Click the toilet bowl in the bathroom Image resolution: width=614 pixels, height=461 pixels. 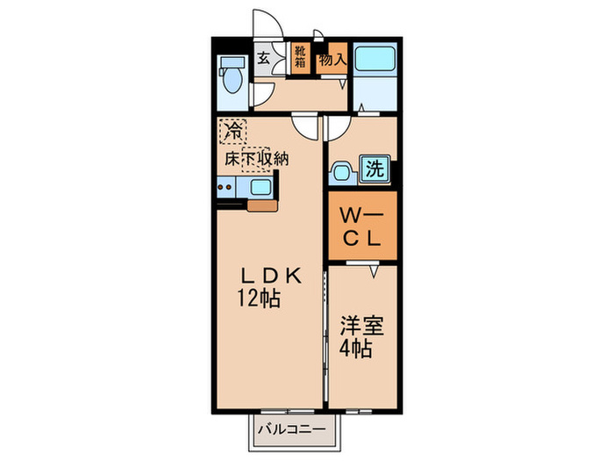point(232,81)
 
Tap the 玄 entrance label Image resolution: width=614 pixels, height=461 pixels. point(263,59)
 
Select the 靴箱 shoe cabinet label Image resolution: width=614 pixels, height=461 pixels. point(300,57)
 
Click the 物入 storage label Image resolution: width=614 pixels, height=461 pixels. point(332,60)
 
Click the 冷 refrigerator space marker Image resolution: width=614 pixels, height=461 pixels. point(232,133)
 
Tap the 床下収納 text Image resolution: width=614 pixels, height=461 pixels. point(255,160)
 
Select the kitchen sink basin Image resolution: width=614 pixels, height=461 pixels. point(261,186)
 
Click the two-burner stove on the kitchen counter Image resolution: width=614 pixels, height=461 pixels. point(226,186)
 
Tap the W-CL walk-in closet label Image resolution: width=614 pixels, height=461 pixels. point(361,226)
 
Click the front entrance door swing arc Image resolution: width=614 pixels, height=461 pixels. point(266,24)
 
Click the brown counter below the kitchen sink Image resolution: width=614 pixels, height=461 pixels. point(261,207)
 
